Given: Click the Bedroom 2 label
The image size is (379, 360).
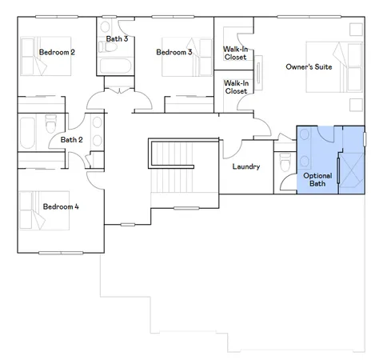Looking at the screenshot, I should (x=57, y=53).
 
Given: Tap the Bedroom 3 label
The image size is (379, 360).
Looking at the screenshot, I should (x=174, y=53).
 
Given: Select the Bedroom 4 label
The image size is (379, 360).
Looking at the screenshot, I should (x=61, y=207).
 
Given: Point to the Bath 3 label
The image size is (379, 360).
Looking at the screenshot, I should (x=117, y=38).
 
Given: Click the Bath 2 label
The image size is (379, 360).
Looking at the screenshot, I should (x=72, y=140).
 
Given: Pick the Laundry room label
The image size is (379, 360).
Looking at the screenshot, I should (x=245, y=167).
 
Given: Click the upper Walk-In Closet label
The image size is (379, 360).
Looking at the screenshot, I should (x=235, y=53).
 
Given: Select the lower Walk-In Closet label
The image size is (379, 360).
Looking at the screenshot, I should (x=235, y=87).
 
